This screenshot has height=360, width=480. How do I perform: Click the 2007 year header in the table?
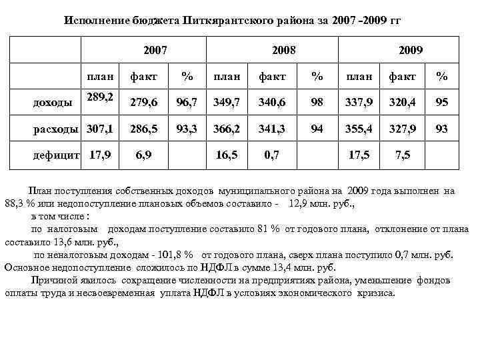pyautogui.click(x=155, y=50)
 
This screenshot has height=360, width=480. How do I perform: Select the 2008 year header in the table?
pyautogui.click(x=284, y=50)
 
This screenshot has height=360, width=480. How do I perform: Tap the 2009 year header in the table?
pyautogui.click(x=411, y=50)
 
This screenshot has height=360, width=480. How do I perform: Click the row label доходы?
pyautogui.click(x=53, y=102)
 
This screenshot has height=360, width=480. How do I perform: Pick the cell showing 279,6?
pyautogui.click(x=144, y=102)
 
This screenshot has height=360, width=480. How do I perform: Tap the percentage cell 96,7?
pyautogui.click(x=186, y=102)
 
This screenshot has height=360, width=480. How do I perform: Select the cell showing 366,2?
pyautogui.click(x=226, y=128)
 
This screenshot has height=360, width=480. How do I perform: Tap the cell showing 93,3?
pyautogui.click(x=186, y=128)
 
